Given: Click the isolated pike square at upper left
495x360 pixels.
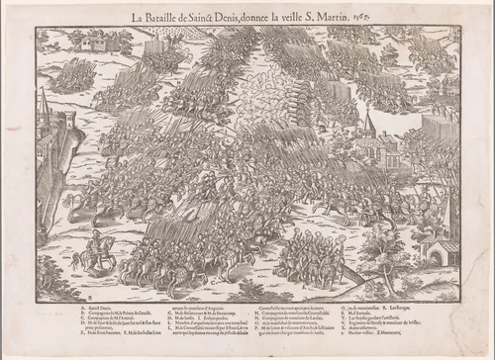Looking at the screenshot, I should coord(75,75).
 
